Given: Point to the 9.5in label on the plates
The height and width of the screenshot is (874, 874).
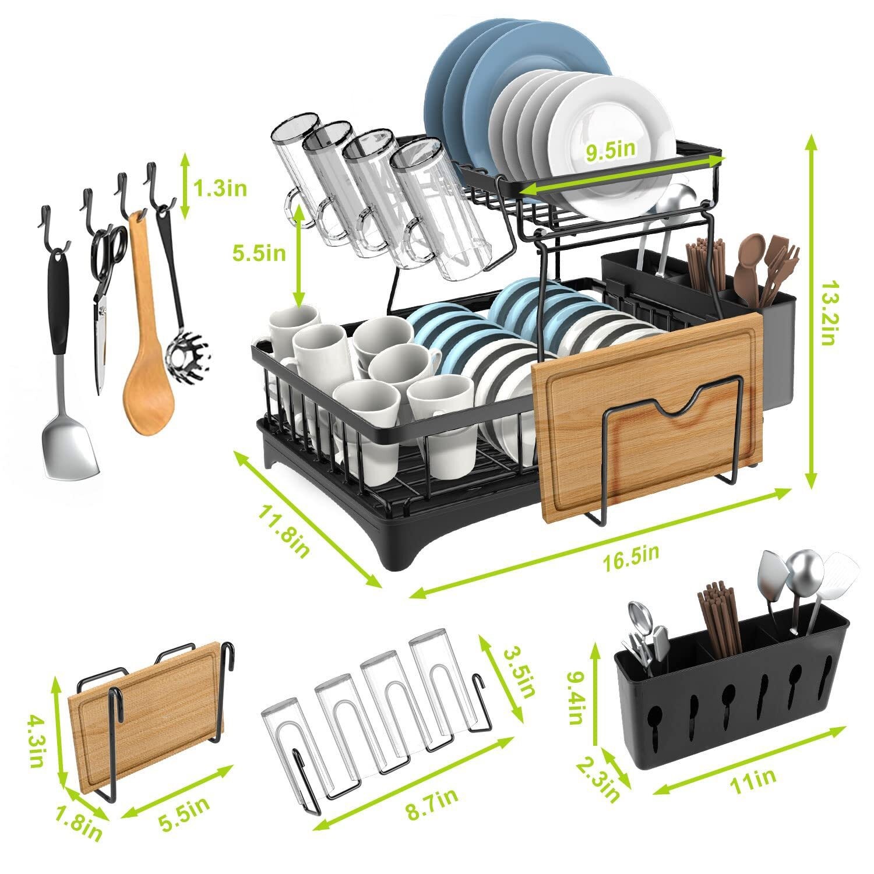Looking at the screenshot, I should click(x=610, y=151).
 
